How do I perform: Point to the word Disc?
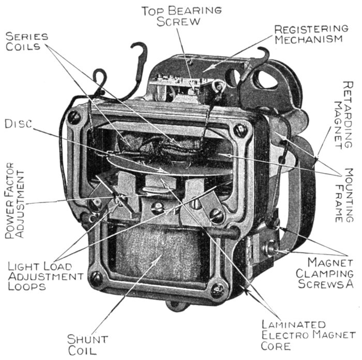tap(18, 124)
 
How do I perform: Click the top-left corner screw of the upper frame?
tap(75, 118)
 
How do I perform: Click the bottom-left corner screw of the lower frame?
tap(96, 279)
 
